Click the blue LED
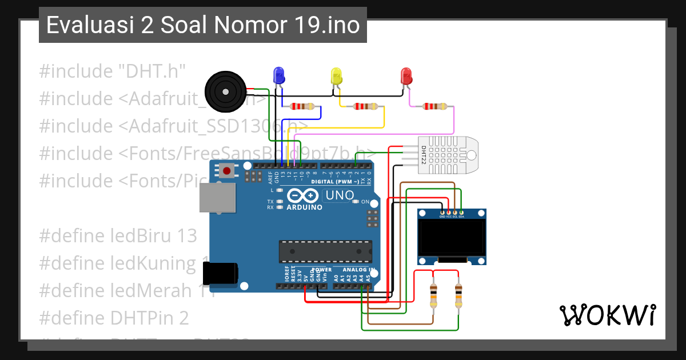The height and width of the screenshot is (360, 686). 279,75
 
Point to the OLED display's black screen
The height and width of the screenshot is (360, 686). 452,239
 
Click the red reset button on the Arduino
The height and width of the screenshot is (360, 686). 228,170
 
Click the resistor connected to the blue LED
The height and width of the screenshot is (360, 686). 302,106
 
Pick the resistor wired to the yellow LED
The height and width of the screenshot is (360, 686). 365,106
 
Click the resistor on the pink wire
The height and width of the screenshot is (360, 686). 434,106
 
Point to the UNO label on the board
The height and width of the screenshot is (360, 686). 338,196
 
